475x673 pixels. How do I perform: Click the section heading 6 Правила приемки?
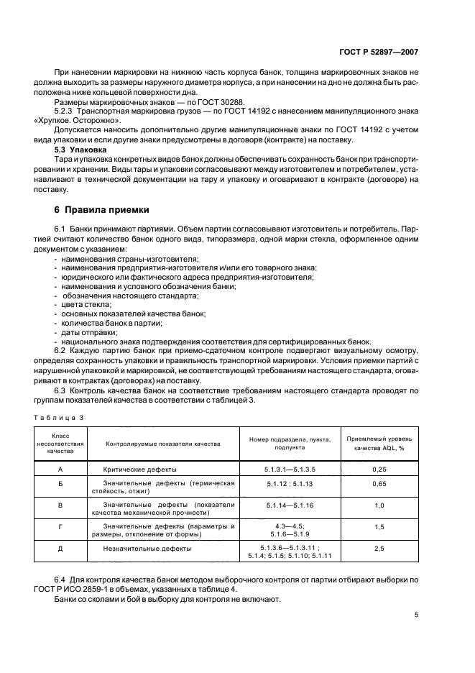tap(102, 210)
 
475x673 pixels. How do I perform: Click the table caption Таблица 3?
tap(60, 417)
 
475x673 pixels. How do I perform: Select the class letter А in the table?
tap(60, 468)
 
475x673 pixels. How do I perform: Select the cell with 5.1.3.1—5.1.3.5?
tap(290, 468)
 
